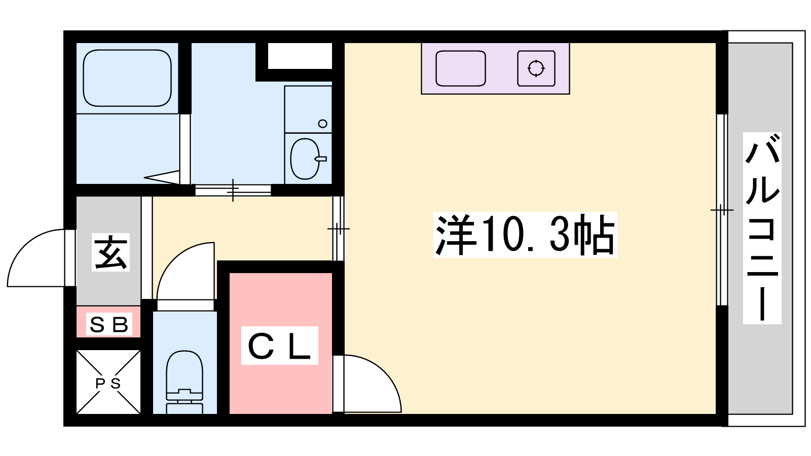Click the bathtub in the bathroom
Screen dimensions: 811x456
tap(127, 78)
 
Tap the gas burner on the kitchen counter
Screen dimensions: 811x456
tap(536, 68)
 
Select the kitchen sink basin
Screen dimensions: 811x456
tap(461, 68)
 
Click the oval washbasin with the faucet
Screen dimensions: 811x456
tap(306, 159)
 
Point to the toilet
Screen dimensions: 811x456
tap(185, 382)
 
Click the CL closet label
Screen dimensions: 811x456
tap(279, 346)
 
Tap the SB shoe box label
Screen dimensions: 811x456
tap(108, 325)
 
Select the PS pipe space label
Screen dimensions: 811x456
tap(108, 383)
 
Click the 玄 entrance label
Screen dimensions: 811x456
tap(110, 252)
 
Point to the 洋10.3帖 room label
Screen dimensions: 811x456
tap(525, 235)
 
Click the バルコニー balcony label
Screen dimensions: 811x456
tap(762, 228)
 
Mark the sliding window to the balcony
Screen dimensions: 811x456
tap(722, 210)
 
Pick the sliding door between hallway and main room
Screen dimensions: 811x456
tap(338, 229)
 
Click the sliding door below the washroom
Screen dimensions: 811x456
tap(233, 190)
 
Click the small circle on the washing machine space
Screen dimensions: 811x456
tap(322, 124)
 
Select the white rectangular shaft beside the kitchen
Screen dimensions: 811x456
tap(300, 56)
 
